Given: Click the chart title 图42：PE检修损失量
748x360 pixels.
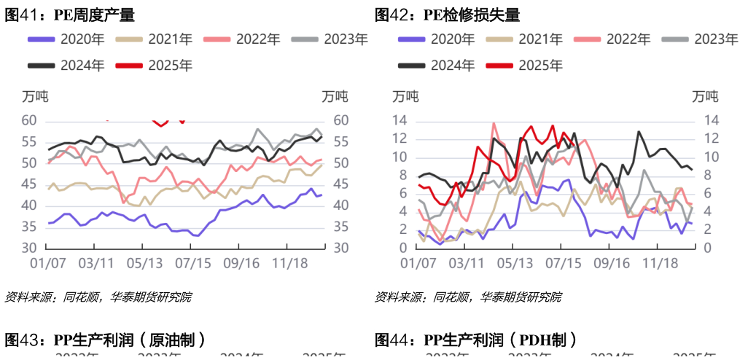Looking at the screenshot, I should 448,15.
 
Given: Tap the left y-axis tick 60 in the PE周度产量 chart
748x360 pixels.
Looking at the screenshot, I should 30,120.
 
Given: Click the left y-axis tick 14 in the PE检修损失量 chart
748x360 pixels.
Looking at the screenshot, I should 400,120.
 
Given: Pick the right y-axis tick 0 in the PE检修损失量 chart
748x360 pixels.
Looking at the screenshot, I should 706,248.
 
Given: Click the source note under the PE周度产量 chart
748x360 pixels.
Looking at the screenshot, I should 98,297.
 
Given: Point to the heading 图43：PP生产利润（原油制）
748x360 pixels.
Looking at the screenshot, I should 105,340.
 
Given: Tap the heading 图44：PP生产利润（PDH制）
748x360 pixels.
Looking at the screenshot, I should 475,340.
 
